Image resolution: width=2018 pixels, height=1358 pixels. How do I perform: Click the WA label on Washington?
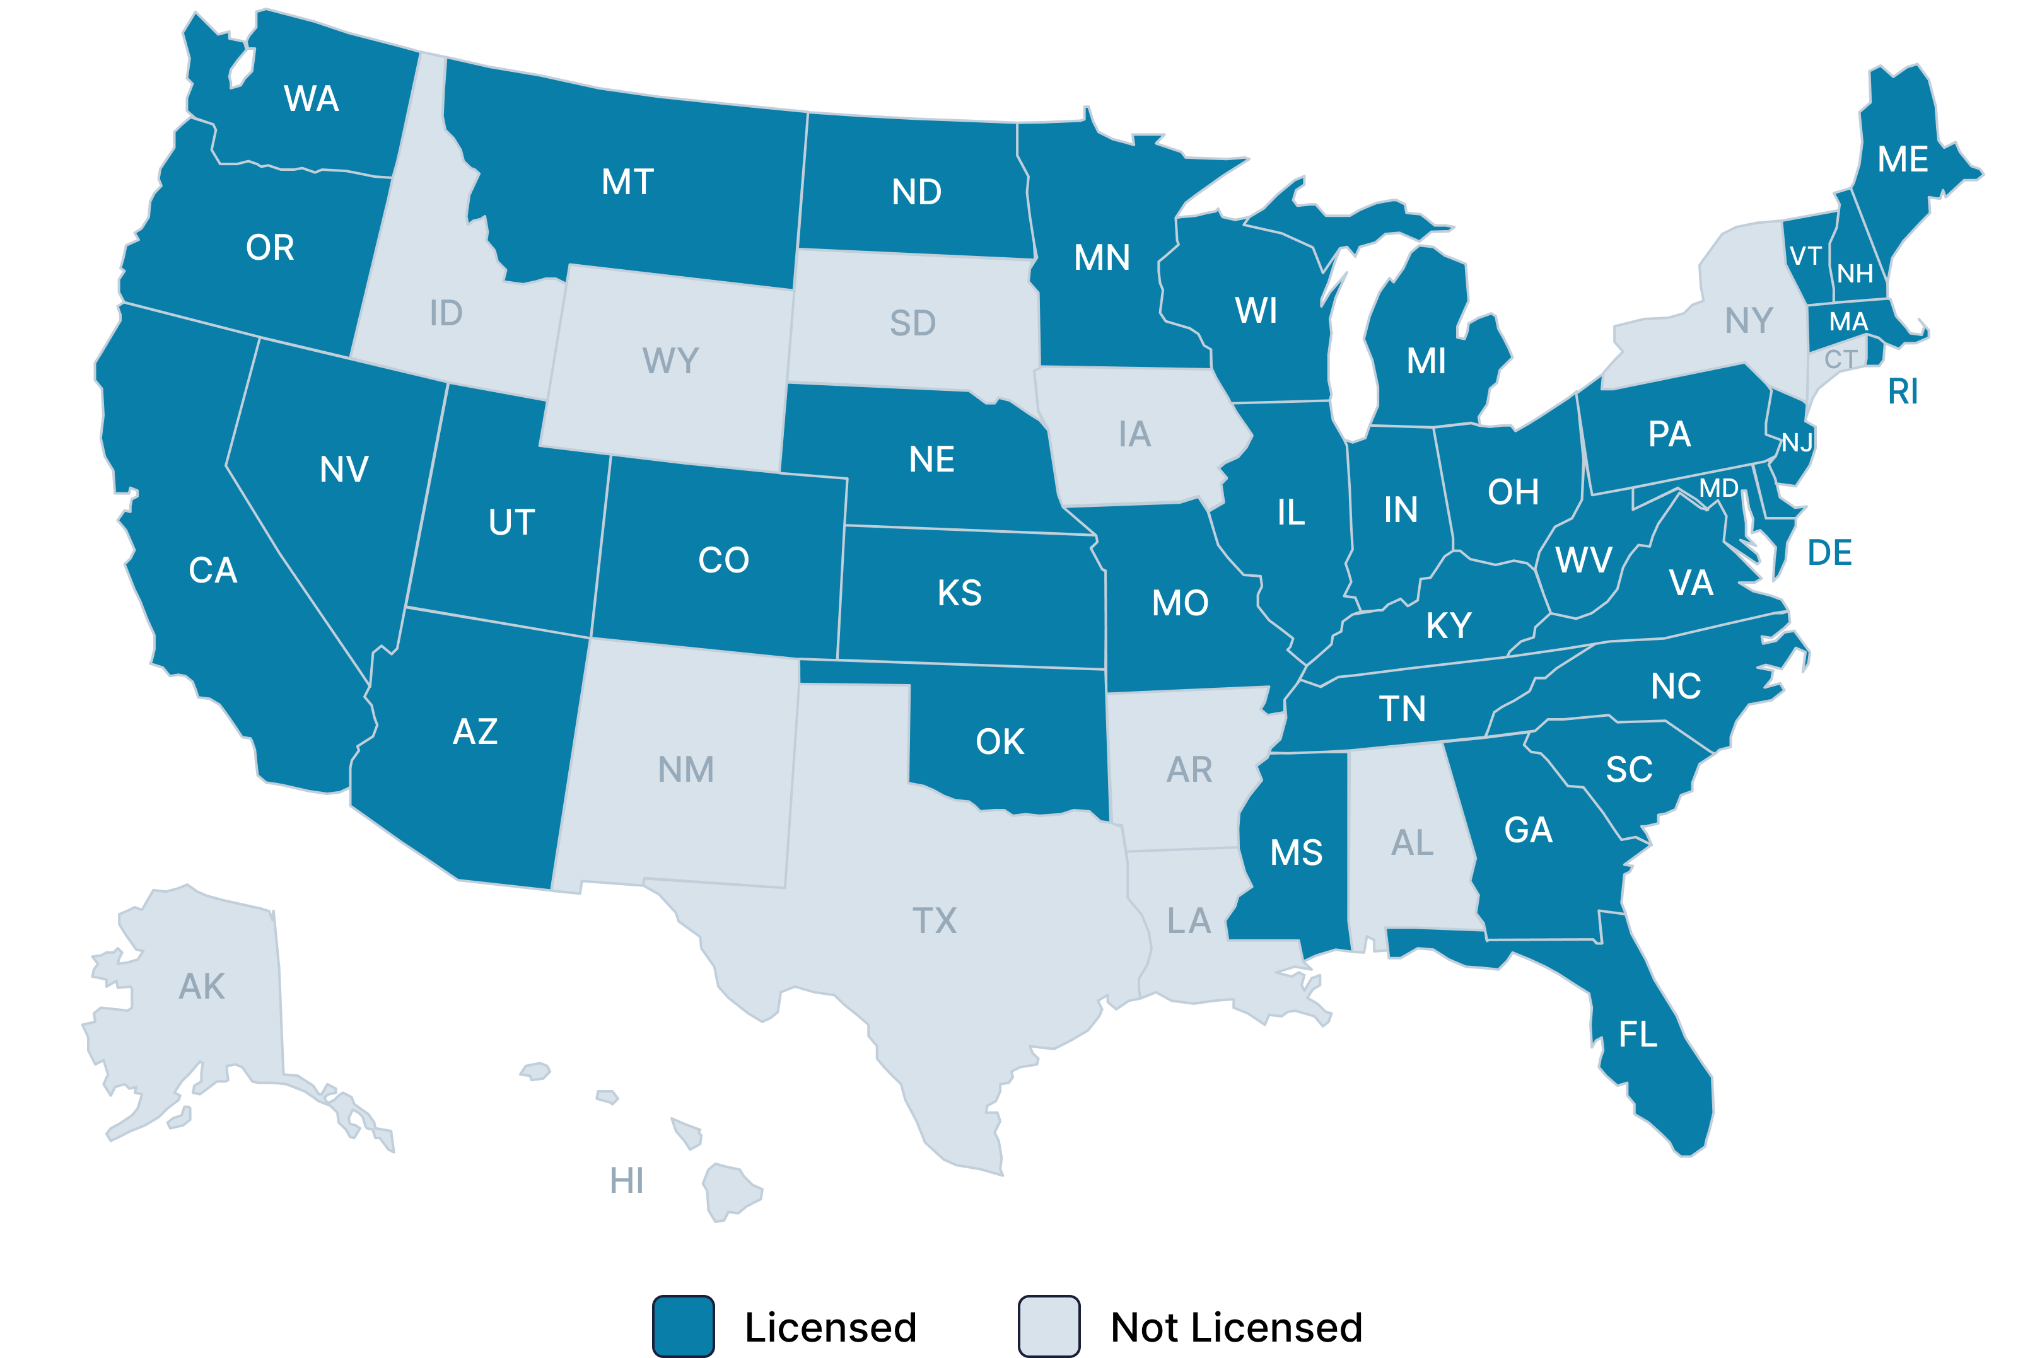tap(311, 99)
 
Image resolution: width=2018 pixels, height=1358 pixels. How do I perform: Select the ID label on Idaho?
tap(446, 313)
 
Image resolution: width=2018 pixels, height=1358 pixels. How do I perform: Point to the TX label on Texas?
tap(935, 920)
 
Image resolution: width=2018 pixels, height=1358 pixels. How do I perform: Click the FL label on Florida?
tap(1638, 1034)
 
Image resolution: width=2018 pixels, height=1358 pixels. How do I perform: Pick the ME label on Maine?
tap(1902, 160)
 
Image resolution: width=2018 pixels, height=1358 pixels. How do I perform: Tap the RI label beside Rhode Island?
tap(1903, 392)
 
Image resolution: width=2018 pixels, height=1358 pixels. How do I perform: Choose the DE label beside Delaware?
tap(1829, 552)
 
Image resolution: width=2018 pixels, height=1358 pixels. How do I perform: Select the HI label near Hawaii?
tap(626, 1180)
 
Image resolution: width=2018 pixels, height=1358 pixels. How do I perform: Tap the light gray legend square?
tap(1049, 1325)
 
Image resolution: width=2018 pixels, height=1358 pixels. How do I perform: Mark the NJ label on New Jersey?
tap(1797, 443)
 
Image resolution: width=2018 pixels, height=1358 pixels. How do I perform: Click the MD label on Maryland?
tap(1718, 489)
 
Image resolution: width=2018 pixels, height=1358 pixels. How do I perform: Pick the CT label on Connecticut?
tap(1840, 359)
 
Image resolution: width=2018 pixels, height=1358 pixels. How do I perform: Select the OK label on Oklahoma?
tap(1000, 742)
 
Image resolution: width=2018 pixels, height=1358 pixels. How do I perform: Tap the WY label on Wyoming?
tap(670, 360)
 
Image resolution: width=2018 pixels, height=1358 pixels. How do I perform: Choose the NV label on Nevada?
tap(344, 470)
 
